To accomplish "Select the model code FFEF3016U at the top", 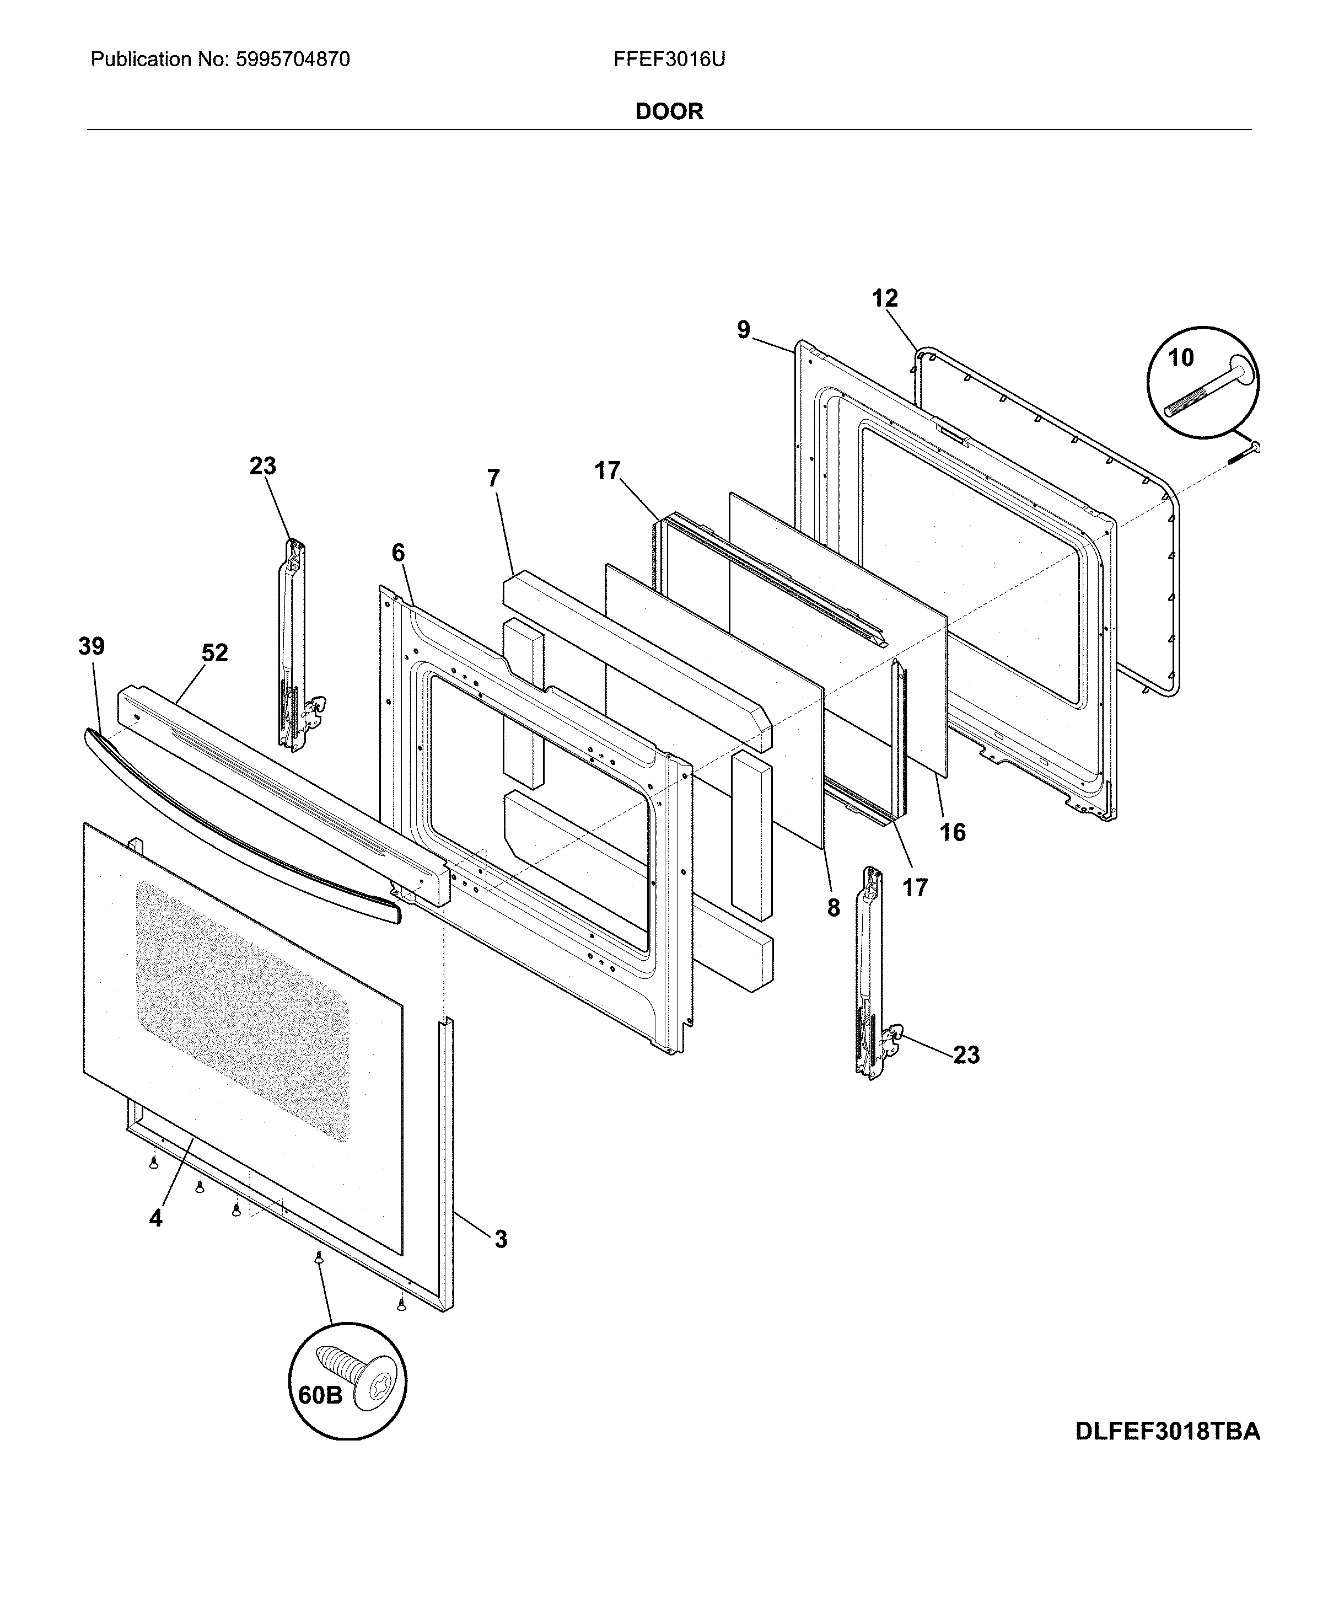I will pyautogui.click(x=669, y=60).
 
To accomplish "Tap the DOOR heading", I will pyautogui.click(x=669, y=112).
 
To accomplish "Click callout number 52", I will pyautogui.click(x=215, y=653).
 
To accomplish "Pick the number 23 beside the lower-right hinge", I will pyautogui.click(x=966, y=1056).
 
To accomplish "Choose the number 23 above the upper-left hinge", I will pyautogui.click(x=262, y=466).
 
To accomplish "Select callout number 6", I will pyautogui.click(x=398, y=553).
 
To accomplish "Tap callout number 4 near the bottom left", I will pyautogui.click(x=155, y=1218).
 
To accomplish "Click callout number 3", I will pyautogui.click(x=501, y=1239).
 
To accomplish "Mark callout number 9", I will pyautogui.click(x=744, y=330).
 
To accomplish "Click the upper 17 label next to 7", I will pyautogui.click(x=607, y=470).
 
